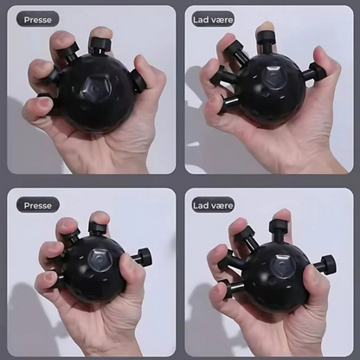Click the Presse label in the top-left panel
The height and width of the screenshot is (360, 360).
pos(37,20)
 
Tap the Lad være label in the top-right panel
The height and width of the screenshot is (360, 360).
pos(213,20)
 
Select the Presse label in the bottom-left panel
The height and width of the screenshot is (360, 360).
pos(37,205)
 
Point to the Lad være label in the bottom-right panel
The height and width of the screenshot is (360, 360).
pos(213,205)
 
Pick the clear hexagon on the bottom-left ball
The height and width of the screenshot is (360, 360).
pos(100,259)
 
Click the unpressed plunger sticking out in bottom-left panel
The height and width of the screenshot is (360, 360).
pos(141,255)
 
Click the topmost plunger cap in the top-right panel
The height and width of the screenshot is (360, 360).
pos(266,36)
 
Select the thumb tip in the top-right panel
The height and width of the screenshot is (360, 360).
pos(323,59)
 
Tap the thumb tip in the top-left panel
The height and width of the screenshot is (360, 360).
pos(142,64)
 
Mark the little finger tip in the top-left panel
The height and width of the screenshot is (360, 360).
pos(33,106)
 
